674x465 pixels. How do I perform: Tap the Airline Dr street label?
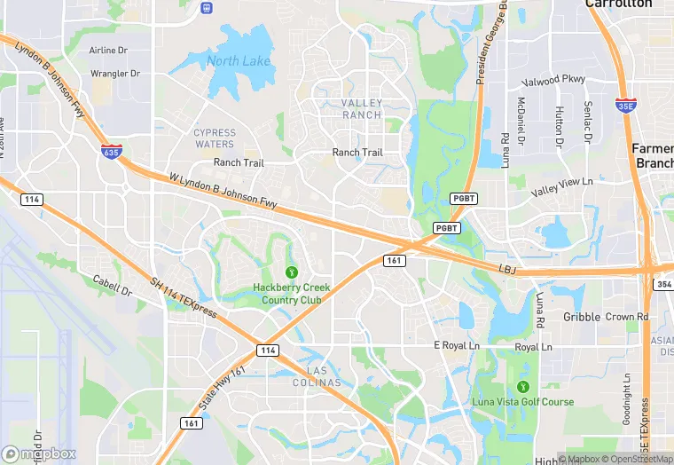[x=115, y=51]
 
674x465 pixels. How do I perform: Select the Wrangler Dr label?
[x=116, y=73]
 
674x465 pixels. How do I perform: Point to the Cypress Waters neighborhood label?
[x=215, y=138]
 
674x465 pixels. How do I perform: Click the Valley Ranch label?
[x=362, y=109]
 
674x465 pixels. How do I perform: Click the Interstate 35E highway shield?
[x=625, y=104]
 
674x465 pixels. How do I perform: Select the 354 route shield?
[x=664, y=284]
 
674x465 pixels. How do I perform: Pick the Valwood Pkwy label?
[x=554, y=80]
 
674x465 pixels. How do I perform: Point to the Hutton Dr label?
[x=559, y=127]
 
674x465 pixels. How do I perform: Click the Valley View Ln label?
[x=561, y=187]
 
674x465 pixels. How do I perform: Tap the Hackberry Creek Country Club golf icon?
[x=291, y=272]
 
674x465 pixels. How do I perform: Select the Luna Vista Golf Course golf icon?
[x=522, y=387]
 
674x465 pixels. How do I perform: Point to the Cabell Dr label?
[x=112, y=286]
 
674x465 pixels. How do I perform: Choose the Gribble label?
[x=582, y=317]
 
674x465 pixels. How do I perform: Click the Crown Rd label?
[x=627, y=317]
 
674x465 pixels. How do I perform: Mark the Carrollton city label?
[x=619, y=4]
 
